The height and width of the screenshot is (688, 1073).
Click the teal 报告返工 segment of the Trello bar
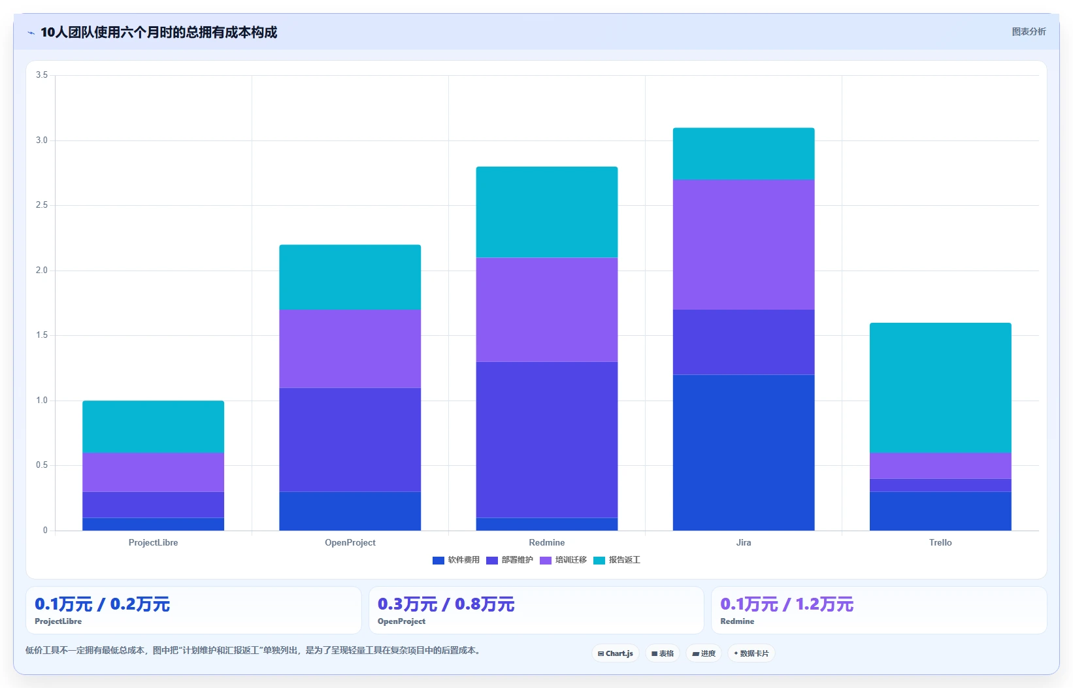tap(940, 387)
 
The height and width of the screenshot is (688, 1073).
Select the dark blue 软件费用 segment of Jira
tap(744, 452)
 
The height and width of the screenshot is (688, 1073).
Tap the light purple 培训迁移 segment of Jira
tap(744, 244)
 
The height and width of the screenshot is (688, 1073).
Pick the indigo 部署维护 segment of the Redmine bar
tap(546, 439)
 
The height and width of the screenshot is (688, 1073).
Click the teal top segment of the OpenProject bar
tap(350, 277)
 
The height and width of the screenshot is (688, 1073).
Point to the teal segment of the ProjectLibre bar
tap(154, 427)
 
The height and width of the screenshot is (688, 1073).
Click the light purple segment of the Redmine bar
tap(546, 310)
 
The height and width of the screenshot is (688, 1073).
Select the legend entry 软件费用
tap(455, 560)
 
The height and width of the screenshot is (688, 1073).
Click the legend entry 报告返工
tap(616, 560)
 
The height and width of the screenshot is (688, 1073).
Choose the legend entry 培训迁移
tap(563, 560)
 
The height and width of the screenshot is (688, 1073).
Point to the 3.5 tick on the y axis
tap(42, 74)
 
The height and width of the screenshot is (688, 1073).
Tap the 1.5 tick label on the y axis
tap(42, 335)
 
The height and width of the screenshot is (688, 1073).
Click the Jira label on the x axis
tap(744, 542)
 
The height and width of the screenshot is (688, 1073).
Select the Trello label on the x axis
tap(940, 542)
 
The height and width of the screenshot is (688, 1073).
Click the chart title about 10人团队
tap(159, 32)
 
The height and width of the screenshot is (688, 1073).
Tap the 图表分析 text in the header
tap(1029, 31)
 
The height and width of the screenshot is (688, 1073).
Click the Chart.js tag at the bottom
tap(616, 653)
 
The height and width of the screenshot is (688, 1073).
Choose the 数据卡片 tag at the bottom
tap(751, 653)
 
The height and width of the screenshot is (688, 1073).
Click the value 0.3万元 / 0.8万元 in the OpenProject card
tap(446, 604)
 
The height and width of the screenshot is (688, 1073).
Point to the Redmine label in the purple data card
tap(737, 621)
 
